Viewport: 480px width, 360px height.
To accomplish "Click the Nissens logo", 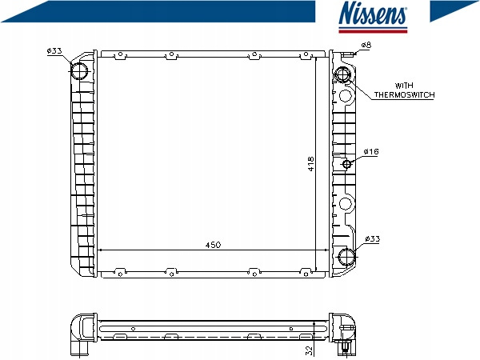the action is (373, 17).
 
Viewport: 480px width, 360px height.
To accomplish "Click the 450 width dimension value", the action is (213, 245).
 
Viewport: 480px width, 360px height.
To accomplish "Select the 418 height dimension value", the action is (310, 164).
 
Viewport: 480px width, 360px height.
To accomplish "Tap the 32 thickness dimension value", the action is (310, 350).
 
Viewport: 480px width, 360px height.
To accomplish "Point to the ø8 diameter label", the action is (366, 45).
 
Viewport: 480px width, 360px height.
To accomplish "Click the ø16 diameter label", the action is (371, 151).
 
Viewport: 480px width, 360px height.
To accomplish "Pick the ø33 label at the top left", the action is (54, 51).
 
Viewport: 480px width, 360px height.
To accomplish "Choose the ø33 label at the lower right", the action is (372, 238).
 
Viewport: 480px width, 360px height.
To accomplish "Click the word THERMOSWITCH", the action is (404, 95).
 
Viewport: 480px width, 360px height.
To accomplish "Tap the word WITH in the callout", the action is (404, 86).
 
